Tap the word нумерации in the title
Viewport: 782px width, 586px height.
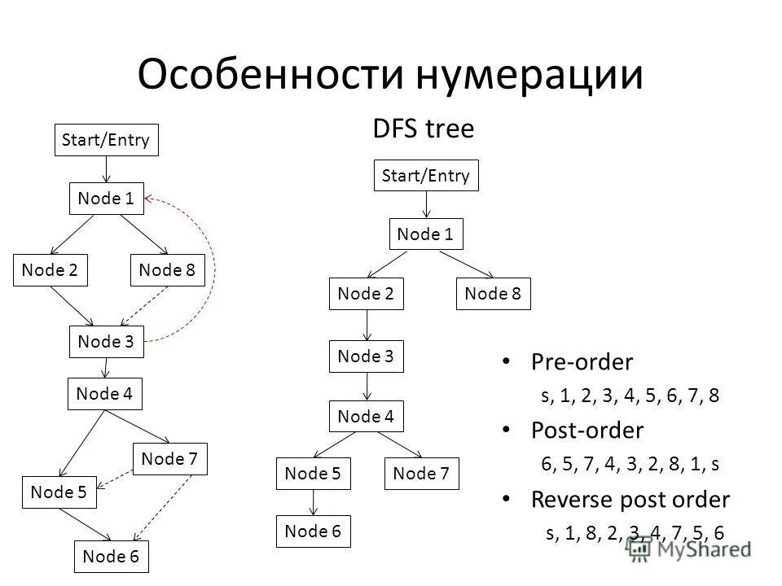click(529, 75)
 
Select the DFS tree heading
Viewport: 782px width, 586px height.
click(423, 129)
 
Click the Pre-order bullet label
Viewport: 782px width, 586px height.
click(582, 361)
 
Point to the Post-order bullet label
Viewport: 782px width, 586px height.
click(586, 430)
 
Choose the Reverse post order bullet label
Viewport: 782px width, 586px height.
click(630, 498)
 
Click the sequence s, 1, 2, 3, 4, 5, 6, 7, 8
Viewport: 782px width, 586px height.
click(630, 396)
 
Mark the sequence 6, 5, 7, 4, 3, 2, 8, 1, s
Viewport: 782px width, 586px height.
click(630, 465)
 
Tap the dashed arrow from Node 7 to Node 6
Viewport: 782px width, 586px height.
click(163, 508)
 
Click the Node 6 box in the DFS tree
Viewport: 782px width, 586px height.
click(313, 532)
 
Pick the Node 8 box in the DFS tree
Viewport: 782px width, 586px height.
click(493, 294)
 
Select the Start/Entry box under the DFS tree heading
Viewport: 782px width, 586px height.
click(426, 176)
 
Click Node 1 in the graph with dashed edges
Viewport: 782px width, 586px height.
click(106, 199)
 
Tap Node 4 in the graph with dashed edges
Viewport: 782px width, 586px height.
click(104, 395)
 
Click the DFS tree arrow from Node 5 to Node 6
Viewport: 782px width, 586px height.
click(313, 502)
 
